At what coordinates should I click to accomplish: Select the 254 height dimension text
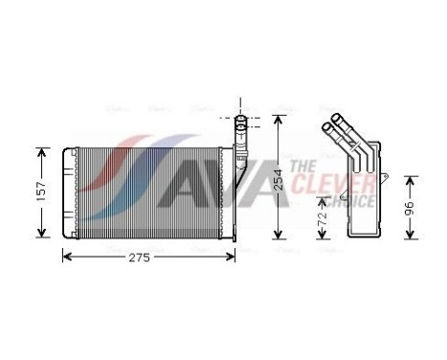(278, 178)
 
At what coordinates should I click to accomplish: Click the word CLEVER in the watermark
(321, 182)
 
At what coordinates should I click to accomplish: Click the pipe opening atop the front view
(241, 122)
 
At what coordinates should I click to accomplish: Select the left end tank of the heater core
(68, 191)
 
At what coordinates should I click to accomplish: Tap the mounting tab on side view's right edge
(390, 176)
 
